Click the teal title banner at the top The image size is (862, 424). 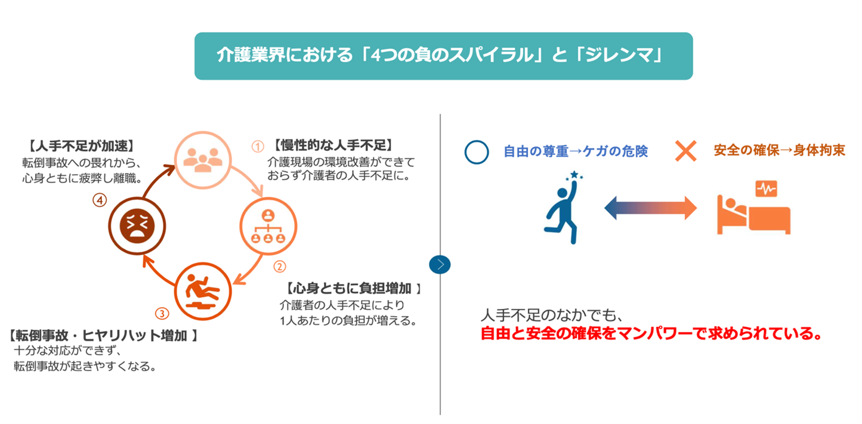[443, 56]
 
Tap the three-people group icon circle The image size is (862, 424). [202, 157]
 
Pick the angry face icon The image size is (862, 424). [137, 225]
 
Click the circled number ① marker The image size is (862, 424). [257, 146]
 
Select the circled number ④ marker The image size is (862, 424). [99, 201]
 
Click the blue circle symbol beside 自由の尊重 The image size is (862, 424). [477, 151]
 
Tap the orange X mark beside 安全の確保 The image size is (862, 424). [686, 150]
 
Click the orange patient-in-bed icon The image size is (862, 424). [753, 208]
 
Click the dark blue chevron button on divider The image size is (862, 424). [440, 264]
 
